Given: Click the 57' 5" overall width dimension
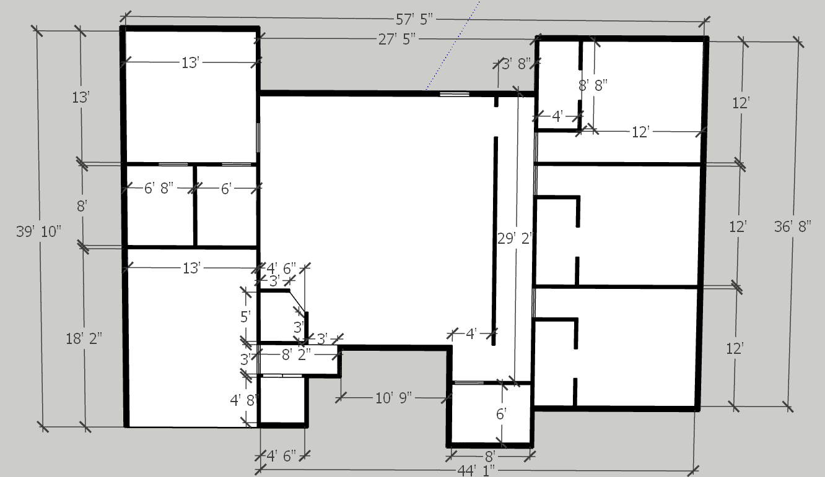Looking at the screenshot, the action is [414, 19].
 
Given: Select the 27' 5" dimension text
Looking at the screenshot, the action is [397, 39].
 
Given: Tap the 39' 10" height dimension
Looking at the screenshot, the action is [38, 232].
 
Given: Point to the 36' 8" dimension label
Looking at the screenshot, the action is [793, 226].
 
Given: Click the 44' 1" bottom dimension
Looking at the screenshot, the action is [476, 471].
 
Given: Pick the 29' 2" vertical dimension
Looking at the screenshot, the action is [515, 239].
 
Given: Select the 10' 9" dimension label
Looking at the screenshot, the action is [393, 398].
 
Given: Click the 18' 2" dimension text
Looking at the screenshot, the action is [84, 338].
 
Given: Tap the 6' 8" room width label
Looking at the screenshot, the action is [159, 188].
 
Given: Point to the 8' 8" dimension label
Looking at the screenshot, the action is [593, 86].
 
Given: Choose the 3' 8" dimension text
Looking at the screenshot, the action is [516, 64].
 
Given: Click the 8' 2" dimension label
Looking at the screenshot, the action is [297, 355].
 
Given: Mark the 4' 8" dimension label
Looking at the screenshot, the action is [244, 400].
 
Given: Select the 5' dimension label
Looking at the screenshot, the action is [246, 316].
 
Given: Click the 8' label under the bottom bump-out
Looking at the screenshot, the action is [489, 457].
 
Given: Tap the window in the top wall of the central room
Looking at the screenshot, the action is [455, 95].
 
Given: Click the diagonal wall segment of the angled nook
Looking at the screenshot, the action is [297, 301].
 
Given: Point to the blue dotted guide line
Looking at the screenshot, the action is [453, 45].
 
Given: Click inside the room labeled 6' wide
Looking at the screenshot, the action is [227, 217].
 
